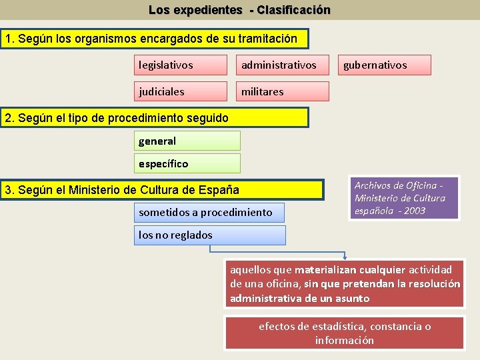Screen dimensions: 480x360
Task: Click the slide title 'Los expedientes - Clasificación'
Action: pos(239,10)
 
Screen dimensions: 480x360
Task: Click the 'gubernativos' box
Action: pos(385,65)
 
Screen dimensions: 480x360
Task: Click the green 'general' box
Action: pos(187,141)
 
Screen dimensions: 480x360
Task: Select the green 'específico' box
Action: pos(187,163)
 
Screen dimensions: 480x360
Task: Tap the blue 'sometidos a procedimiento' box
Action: pos(209,213)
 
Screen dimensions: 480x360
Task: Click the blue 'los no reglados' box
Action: pos(209,235)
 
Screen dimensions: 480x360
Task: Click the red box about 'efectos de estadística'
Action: pos(344,333)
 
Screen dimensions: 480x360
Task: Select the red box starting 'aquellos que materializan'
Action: pos(345,284)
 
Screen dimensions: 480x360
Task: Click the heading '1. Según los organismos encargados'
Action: pos(155,39)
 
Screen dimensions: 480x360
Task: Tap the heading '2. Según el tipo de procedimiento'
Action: pos(155,118)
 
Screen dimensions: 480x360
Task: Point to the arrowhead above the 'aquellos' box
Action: pos(345,255)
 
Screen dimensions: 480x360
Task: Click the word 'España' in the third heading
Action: pos(219,190)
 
